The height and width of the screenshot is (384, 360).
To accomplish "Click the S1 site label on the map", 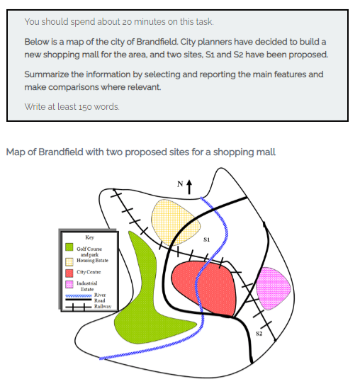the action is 206,239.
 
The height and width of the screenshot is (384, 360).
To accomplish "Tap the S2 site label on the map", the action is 259,334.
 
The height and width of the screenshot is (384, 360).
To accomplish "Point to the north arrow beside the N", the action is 189,187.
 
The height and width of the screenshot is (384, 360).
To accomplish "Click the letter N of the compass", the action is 180,183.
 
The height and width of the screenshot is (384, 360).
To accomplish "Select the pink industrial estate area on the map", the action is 273,288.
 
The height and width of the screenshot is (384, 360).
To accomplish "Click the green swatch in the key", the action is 69,247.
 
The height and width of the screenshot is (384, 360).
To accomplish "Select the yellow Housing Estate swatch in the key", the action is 69,262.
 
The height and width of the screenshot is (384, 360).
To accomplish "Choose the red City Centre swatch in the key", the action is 69,273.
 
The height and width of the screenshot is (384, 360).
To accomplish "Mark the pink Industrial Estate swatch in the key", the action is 69,284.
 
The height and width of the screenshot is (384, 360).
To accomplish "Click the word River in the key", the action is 100,295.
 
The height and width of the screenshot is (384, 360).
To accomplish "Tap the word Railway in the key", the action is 103,306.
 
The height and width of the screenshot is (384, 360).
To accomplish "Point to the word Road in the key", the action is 100,300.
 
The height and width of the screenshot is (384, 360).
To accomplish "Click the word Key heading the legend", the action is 89,237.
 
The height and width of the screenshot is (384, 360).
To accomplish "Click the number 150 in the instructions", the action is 86,107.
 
